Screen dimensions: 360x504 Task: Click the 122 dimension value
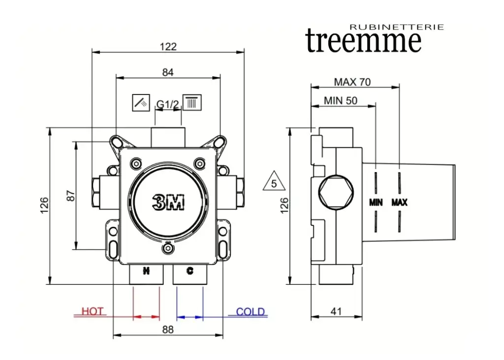coord(168,47)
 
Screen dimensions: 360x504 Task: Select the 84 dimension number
coord(168,72)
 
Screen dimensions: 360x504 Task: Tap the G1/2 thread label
coord(167,104)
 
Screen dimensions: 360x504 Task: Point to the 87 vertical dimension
coord(71,195)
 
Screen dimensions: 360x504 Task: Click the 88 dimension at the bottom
coord(168,330)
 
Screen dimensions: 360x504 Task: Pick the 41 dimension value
coord(336,311)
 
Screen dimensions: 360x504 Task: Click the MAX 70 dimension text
coord(352,82)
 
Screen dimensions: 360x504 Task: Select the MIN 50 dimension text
coord(341,101)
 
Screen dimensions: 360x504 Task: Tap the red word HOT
coord(93,311)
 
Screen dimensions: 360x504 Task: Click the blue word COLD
coord(250,311)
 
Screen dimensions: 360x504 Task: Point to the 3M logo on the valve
coord(168,202)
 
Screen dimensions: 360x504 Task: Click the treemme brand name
coord(363,41)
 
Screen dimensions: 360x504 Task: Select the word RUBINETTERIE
coord(396,27)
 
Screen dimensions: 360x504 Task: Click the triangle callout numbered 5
coord(274,182)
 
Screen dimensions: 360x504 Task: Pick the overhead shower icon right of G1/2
coord(192,102)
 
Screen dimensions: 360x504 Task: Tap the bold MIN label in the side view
coord(376,202)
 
